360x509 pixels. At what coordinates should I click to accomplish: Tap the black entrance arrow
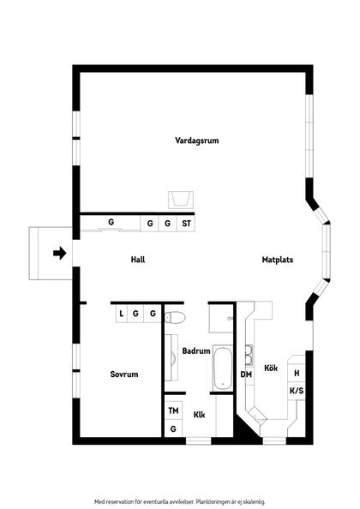(x=59, y=253)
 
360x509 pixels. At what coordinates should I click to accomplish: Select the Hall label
(x=137, y=259)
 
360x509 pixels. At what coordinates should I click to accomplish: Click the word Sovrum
(x=123, y=374)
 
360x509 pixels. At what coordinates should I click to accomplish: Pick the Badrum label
(x=196, y=350)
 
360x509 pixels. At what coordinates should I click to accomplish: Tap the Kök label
(x=271, y=368)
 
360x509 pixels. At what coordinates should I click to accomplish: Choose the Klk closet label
(x=199, y=416)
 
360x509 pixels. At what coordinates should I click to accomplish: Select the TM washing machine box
(x=173, y=411)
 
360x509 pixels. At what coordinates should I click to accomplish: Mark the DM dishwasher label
(x=246, y=374)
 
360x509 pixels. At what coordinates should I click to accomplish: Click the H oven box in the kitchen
(x=297, y=374)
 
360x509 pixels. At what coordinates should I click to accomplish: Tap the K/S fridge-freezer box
(x=297, y=391)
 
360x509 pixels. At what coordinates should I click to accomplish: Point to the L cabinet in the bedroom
(x=122, y=314)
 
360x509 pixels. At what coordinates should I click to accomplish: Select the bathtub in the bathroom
(x=222, y=366)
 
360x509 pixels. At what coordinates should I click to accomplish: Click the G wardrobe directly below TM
(x=173, y=428)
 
